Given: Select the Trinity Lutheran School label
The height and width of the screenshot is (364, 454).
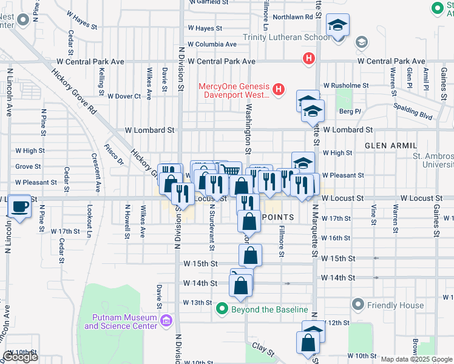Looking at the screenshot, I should click(x=287, y=38).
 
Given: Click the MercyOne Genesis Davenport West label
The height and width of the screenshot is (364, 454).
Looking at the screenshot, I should click(x=233, y=90).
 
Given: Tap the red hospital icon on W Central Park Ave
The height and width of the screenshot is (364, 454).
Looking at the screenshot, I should click(x=309, y=59).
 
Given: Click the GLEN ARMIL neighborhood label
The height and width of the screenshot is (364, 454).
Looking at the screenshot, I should click(x=391, y=146).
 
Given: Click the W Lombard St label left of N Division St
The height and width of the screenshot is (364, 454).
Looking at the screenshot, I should click(x=150, y=130).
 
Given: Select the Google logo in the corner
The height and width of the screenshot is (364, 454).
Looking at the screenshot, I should click(x=20, y=357).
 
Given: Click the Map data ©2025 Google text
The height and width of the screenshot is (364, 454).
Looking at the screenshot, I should click(x=416, y=359).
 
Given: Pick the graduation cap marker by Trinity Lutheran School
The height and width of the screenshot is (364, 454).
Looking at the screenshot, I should click(x=337, y=27).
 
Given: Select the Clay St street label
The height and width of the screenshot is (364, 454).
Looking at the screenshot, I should click(x=264, y=349).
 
